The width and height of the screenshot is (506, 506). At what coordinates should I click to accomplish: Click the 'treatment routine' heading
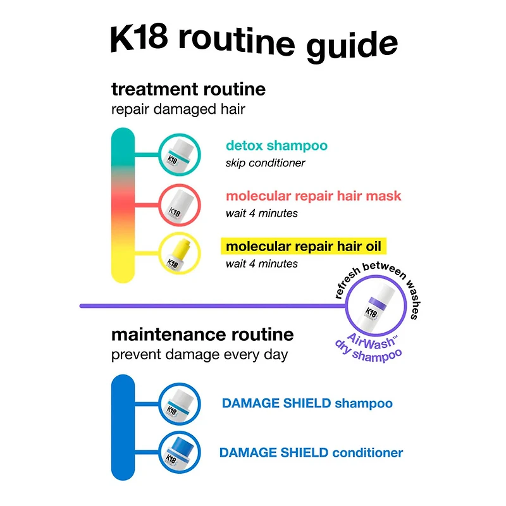188,89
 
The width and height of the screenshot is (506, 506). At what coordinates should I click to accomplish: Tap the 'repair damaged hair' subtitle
178,109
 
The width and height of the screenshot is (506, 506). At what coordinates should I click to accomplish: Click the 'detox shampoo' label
276,146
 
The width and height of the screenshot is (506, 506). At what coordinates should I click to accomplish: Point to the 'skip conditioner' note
265,163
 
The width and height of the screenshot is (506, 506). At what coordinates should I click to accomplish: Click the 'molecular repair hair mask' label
313,196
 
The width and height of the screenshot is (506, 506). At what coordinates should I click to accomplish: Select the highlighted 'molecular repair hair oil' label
304,246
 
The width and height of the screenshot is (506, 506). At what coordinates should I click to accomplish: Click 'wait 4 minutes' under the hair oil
261,263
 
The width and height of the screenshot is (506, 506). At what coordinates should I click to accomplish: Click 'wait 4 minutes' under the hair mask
261,213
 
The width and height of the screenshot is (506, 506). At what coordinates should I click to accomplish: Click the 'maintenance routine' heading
202,333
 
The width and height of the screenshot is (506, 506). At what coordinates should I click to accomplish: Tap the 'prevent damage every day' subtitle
199,354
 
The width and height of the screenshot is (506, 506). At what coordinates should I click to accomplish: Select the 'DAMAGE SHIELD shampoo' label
307,404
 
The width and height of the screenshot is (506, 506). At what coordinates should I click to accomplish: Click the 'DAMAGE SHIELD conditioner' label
311,453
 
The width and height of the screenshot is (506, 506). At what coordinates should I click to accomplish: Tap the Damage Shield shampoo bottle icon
179,403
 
